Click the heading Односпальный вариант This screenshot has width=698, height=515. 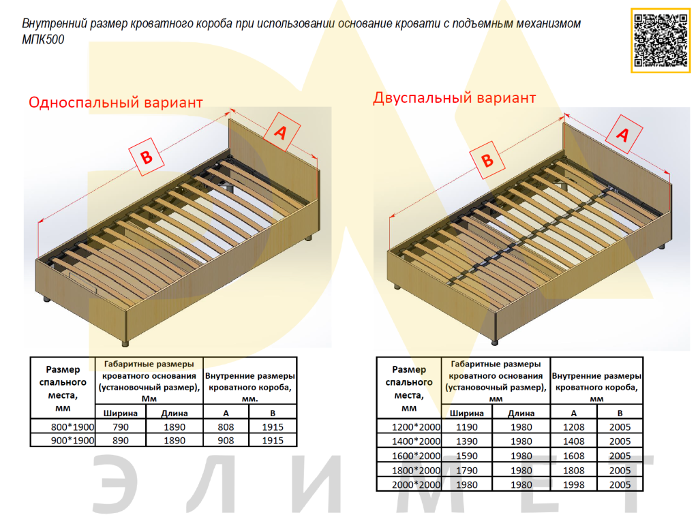pos(115,103)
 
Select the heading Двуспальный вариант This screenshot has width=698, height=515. pos(454,97)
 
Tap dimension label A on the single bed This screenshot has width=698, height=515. pos(279,133)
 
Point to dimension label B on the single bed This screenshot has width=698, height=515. pos(146,157)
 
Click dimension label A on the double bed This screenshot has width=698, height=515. pos(622,136)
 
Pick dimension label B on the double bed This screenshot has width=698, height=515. pos(487,161)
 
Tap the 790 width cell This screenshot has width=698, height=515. pos(121,426)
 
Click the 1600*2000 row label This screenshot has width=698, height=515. pos(409,456)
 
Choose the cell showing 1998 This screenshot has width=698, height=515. pos(573,484)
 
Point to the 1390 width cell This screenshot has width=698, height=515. pos(467,441)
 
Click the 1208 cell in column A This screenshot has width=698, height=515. pos(573,427)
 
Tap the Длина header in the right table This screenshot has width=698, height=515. pos(521,412)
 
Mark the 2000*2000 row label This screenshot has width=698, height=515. pos(409,484)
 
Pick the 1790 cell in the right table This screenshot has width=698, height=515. pos(467,470)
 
